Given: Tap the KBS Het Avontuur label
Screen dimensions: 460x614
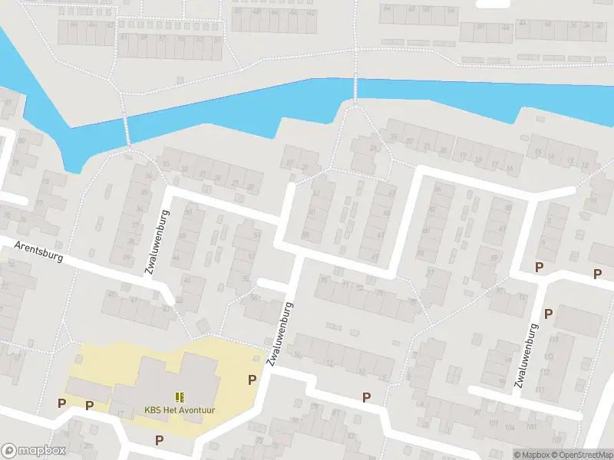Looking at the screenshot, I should [x=180, y=410].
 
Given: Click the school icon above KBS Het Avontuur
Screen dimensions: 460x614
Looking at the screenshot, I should [x=180, y=396].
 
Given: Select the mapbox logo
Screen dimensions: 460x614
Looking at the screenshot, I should [x=33, y=451].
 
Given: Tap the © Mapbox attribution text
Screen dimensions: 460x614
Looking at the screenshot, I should [x=531, y=455].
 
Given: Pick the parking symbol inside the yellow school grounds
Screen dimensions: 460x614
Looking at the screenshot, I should [x=252, y=379].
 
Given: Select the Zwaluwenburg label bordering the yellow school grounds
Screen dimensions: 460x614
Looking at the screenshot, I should [x=279, y=334].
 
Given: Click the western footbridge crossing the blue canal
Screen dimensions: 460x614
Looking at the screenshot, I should [x=127, y=129].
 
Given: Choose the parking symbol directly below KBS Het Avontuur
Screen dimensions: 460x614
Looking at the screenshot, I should [x=159, y=440].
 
